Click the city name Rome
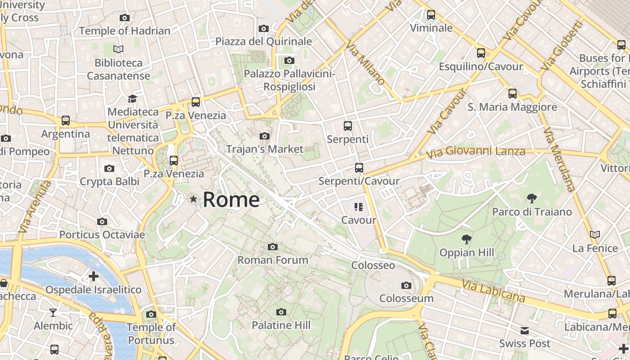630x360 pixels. pyautogui.click(x=231, y=199)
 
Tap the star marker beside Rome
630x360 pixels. pyautogui.click(x=193, y=199)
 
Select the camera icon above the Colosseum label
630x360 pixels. pyautogui.click(x=406, y=285)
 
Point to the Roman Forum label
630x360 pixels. pyautogui.click(x=273, y=260)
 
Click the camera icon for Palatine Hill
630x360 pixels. pyautogui.click(x=281, y=312)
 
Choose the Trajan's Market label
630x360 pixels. pyautogui.click(x=265, y=149)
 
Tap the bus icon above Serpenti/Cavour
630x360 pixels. pyautogui.click(x=359, y=168)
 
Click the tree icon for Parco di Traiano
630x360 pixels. pyautogui.click(x=531, y=198)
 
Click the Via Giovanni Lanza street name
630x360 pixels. pyautogui.click(x=476, y=152)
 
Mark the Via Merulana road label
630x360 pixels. pyautogui.click(x=559, y=160)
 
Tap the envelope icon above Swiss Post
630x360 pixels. pyautogui.click(x=524, y=331)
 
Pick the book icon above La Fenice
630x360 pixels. pyautogui.click(x=594, y=235)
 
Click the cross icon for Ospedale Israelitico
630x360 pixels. pyautogui.click(x=94, y=276)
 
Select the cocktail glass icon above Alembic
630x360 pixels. pyautogui.click(x=53, y=312)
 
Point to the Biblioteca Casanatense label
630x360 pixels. pyautogui.click(x=118, y=69)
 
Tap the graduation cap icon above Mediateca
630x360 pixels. pyautogui.click(x=132, y=99)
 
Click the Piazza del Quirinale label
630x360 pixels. pyautogui.click(x=263, y=41)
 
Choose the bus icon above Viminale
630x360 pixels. pyautogui.click(x=431, y=15)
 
